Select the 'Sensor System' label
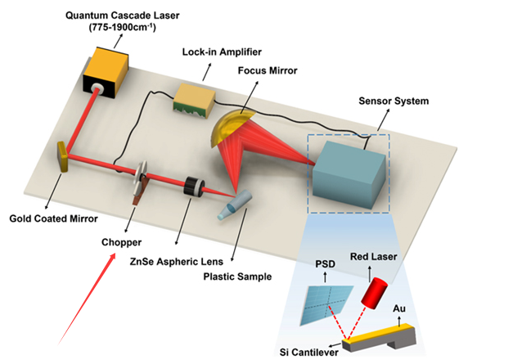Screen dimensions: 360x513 (x=392, y=101)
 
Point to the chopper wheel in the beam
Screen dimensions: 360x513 (x=140, y=181)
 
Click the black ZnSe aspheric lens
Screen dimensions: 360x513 (x=194, y=186)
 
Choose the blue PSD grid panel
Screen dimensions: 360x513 (x=324, y=302)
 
